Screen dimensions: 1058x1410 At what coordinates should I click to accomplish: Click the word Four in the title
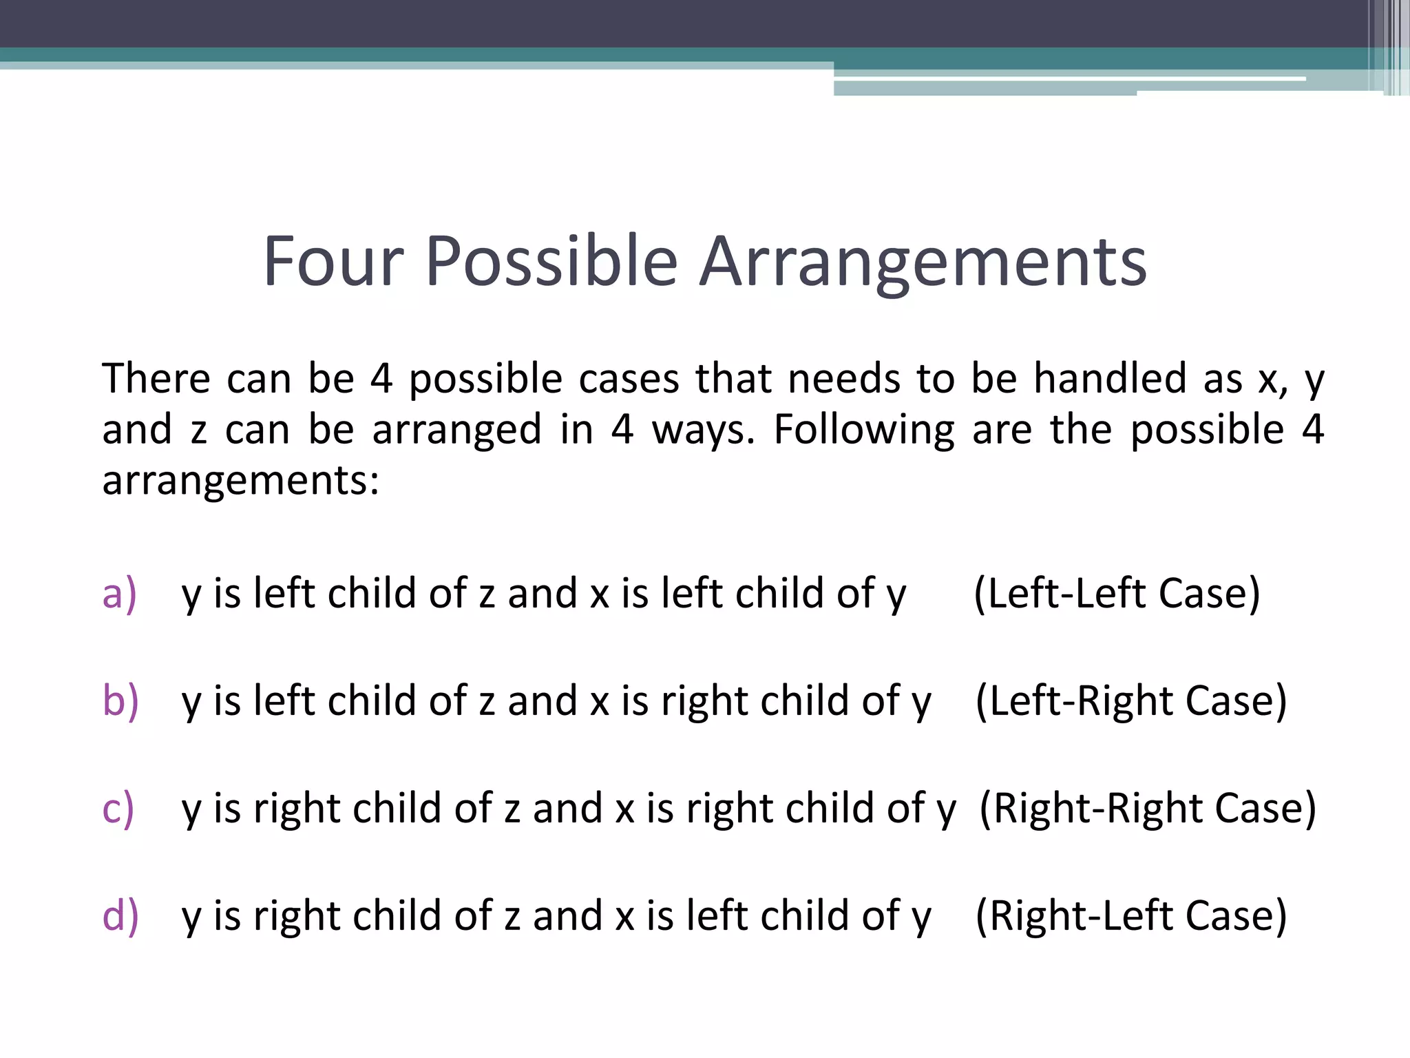333,262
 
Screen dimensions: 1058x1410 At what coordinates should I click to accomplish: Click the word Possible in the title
551,262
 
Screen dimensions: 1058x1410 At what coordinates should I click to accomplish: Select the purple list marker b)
120,701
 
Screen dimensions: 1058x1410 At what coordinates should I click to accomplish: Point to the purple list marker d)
120,916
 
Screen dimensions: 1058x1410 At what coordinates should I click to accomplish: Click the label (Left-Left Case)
1117,594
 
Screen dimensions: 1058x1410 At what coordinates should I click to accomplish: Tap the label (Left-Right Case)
1131,701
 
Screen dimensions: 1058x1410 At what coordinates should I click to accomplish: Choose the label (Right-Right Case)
1147,809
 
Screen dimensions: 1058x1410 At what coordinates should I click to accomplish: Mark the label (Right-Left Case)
1131,916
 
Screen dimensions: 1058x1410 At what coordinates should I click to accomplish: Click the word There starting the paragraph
156,378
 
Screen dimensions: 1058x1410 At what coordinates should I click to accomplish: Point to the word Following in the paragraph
864,431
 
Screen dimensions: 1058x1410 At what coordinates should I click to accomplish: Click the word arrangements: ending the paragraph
240,480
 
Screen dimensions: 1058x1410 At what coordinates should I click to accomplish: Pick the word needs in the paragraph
843,378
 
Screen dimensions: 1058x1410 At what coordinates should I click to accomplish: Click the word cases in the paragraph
629,378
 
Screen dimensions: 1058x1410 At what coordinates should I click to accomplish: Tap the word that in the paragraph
733,378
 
